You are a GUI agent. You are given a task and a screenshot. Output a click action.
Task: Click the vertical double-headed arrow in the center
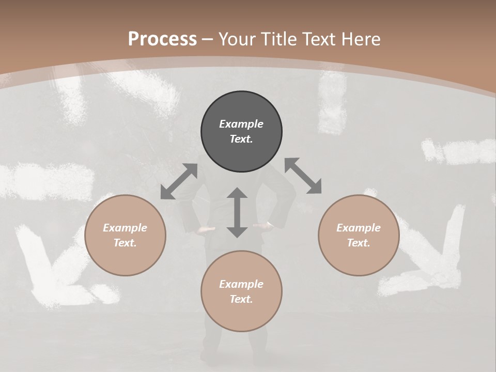[237, 212]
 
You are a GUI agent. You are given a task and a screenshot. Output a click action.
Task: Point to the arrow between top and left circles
[179, 181]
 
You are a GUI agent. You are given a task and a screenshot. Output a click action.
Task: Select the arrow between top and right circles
[303, 176]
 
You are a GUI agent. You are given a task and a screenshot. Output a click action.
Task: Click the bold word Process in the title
[162, 39]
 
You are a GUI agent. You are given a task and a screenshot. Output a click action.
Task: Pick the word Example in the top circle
[241, 124]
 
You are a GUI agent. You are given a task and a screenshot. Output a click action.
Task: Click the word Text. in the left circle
[125, 243]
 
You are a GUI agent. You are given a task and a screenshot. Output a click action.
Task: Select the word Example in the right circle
[359, 228]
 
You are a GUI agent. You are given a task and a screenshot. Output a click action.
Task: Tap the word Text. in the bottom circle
[241, 299]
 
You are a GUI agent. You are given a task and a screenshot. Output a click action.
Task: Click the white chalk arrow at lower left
[52, 269]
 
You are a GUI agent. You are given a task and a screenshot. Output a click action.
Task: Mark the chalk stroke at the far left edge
[47, 181]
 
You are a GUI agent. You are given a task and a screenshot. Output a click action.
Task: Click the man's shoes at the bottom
[227, 357]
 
